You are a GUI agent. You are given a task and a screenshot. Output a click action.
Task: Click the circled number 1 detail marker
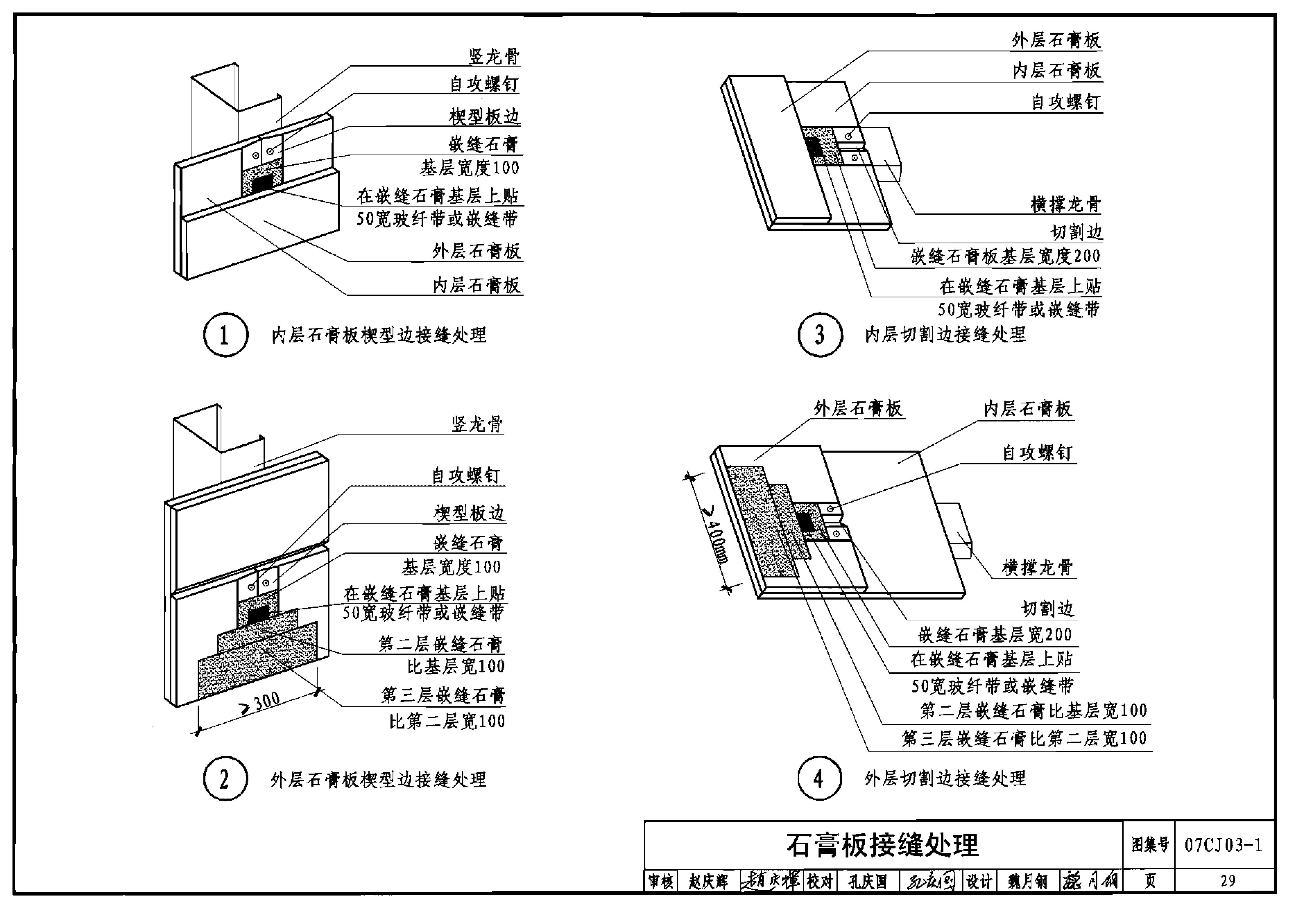coord(225,335)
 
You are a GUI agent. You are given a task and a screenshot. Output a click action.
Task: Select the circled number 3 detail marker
coord(820,335)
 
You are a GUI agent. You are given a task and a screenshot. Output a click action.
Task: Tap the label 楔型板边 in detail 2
coord(469,513)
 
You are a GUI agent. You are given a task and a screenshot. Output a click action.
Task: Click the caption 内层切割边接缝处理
coord(946,335)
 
